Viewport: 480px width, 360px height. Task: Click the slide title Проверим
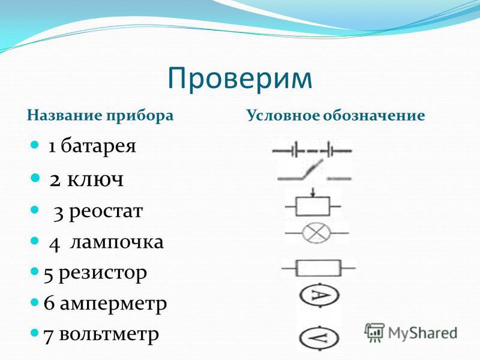[240, 79]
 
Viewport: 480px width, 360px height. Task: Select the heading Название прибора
[100, 116]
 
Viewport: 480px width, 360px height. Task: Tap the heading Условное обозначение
[335, 116]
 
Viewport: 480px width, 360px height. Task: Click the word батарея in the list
[98, 146]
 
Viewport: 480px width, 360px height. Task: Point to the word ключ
[95, 179]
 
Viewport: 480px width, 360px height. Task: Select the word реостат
[106, 212]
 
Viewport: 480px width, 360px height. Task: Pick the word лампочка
[117, 242]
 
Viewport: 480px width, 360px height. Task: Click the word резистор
[103, 274]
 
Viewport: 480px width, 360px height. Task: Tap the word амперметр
[113, 304]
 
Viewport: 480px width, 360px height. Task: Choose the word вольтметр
[109, 334]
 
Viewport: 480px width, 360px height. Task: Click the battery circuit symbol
[312, 151]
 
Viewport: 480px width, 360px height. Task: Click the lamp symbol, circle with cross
[317, 233]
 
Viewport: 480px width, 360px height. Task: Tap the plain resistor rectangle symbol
[319, 268]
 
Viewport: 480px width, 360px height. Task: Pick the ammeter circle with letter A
[319, 295]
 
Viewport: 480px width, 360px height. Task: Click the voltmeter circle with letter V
[319, 338]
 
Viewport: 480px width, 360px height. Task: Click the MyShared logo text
[423, 333]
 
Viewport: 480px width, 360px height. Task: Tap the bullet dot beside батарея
[34, 145]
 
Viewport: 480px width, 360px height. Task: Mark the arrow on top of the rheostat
[313, 193]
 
